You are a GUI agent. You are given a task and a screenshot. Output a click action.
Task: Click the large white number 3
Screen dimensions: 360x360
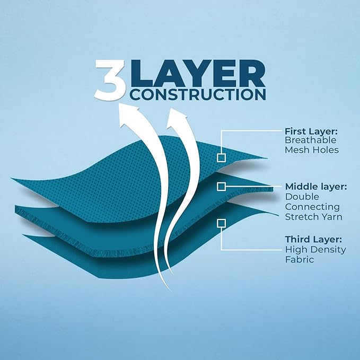pos(110,80)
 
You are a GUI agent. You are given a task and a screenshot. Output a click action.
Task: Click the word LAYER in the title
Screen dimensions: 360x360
pos(198,73)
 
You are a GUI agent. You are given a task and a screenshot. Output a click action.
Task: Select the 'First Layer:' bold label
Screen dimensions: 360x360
pos(311,131)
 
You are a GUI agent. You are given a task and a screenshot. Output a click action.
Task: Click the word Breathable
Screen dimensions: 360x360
pos(310,140)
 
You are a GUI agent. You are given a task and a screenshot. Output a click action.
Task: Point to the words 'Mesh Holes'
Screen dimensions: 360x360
pos(312,150)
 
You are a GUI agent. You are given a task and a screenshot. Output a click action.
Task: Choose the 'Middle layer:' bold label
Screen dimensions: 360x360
pos(316,187)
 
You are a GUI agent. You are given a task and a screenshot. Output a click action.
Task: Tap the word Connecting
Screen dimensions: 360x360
pos(312,207)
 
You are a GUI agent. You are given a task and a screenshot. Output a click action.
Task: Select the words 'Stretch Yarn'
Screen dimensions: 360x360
pos(314,217)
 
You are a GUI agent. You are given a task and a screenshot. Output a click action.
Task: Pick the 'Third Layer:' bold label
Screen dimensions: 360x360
pos(313,239)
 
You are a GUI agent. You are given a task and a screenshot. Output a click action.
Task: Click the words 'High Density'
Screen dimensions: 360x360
pos(315,250)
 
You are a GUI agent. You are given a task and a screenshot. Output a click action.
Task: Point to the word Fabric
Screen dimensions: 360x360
pos(300,259)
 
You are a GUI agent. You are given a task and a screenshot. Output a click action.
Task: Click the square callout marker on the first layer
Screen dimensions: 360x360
pos(221,157)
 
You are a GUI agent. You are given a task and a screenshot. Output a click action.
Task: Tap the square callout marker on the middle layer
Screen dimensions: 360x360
pos(221,187)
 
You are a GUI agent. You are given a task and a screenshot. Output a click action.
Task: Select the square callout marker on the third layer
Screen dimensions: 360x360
pos(221,223)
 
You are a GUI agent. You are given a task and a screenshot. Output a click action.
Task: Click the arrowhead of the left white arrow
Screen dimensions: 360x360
pos(128,115)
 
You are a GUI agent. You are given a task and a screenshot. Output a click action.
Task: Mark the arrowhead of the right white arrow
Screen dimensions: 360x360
pos(177,118)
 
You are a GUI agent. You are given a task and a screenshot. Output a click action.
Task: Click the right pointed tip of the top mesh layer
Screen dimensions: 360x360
pos(268,158)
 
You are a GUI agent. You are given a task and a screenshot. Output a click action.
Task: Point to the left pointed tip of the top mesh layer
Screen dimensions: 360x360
pos(11,178)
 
